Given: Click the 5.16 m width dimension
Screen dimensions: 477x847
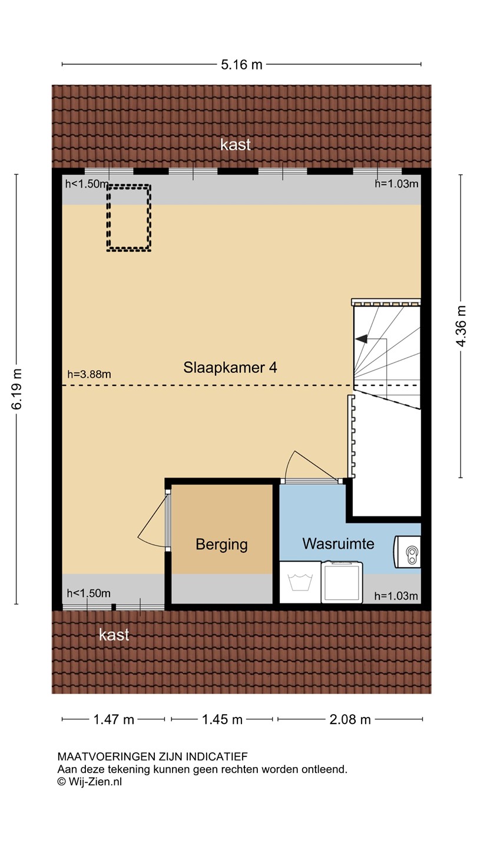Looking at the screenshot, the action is click(x=241, y=65).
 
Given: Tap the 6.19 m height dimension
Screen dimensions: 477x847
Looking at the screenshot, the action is click(x=17, y=389).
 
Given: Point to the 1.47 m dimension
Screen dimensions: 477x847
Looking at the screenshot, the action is click(x=114, y=719).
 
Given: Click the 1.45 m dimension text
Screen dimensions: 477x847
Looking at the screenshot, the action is click(x=222, y=719).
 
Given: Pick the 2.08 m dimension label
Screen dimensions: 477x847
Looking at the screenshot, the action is click(x=350, y=719).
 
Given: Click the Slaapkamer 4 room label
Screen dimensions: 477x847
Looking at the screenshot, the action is click(x=230, y=368).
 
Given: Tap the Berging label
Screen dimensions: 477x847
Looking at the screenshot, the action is click(x=221, y=545).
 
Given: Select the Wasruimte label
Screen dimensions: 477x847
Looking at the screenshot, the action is click(x=338, y=543).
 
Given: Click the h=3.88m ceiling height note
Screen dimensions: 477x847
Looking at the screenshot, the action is click(x=89, y=374).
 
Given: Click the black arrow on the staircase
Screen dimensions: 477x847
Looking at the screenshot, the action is click(x=362, y=339).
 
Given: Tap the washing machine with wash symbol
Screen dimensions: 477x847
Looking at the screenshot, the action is click(x=300, y=582).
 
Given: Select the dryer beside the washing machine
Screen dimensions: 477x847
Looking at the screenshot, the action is click(x=342, y=582).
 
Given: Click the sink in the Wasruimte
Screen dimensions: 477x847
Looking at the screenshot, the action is click(x=408, y=552).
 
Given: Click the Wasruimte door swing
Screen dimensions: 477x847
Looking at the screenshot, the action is click(x=310, y=465).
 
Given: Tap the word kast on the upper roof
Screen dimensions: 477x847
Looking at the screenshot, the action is click(x=236, y=144).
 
